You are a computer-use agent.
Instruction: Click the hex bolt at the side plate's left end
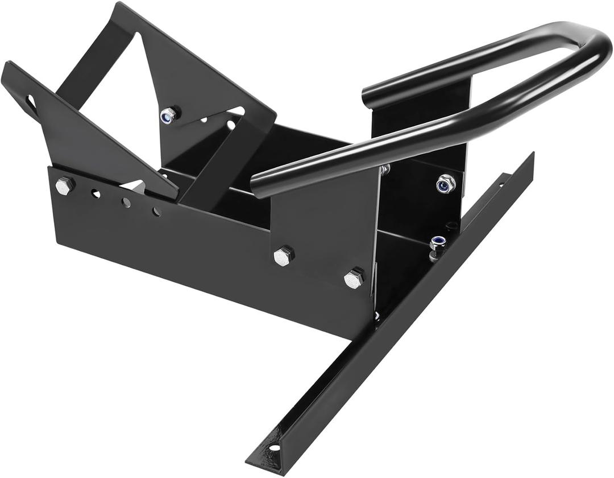pyautogui.click(x=64, y=186)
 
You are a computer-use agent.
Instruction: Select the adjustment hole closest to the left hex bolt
pyautogui.click(x=96, y=194)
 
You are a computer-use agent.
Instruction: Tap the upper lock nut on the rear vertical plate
pyautogui.click(x=445, y=184)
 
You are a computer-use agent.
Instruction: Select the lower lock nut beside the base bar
pyautogui.click(x=437, y=243)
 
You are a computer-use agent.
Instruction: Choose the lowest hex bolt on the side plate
pyautogui.click(x=354, y=279)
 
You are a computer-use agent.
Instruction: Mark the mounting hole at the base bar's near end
pyautogui.click(x=274, y=448)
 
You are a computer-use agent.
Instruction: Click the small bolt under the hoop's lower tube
pyautogui.click(x=385, y=169)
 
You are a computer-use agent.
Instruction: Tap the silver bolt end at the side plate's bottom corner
pyautogui.click(x=376, y=315)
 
